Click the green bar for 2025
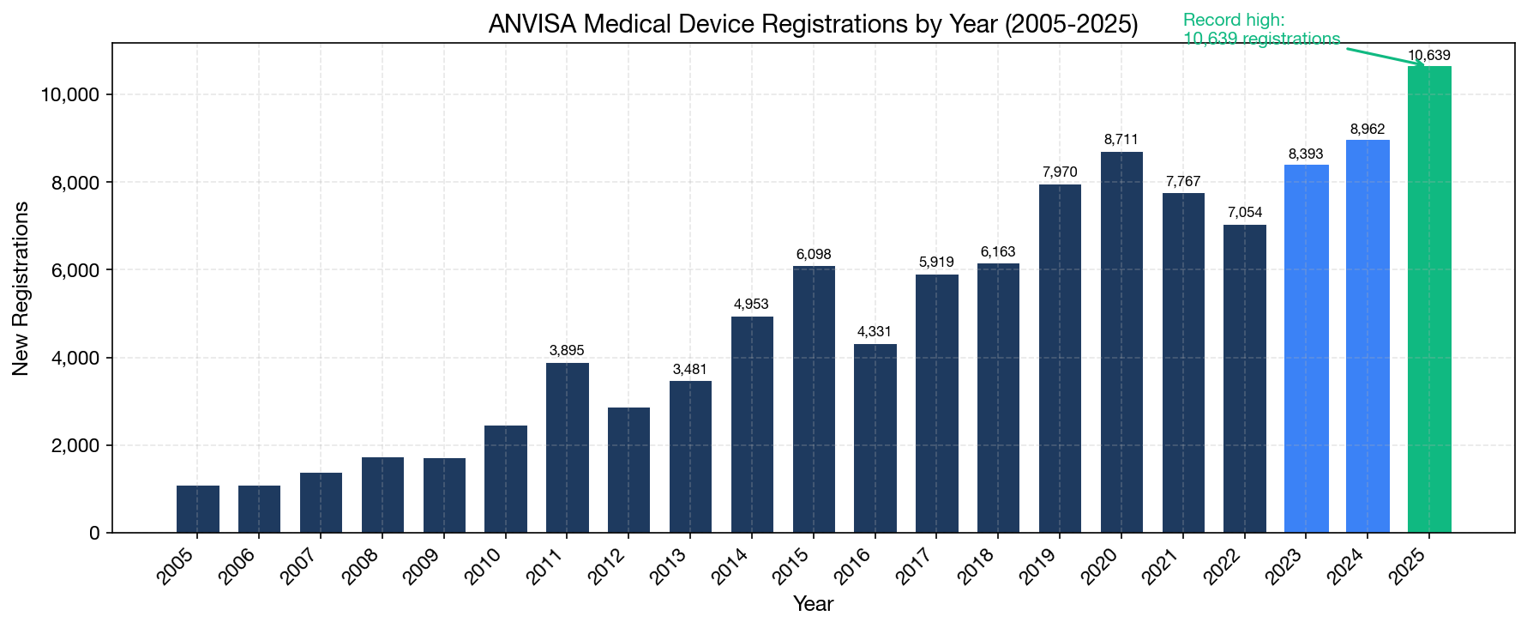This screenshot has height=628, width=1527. tap(1429, 300)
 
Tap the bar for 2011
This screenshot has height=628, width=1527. tap(568, 448)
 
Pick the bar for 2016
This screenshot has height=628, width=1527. tap(875, 438)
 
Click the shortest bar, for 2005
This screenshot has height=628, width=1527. tap(198, 510)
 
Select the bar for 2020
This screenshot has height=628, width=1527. tap(1121, 343)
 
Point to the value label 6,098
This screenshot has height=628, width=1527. tap(814, 255)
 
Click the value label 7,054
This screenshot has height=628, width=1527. tap(1244, 213)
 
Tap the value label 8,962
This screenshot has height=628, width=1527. tap(1368, 130)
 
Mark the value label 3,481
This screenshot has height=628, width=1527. tap(690, 370)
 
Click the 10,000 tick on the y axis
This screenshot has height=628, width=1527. tap(70, 94)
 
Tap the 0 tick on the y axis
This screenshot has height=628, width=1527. tap(94, 534)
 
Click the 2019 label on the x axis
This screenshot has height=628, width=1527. tap(1037, 567)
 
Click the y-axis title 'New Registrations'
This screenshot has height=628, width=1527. tap(21, 288)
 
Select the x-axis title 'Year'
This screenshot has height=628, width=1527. tap(813, 604)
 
